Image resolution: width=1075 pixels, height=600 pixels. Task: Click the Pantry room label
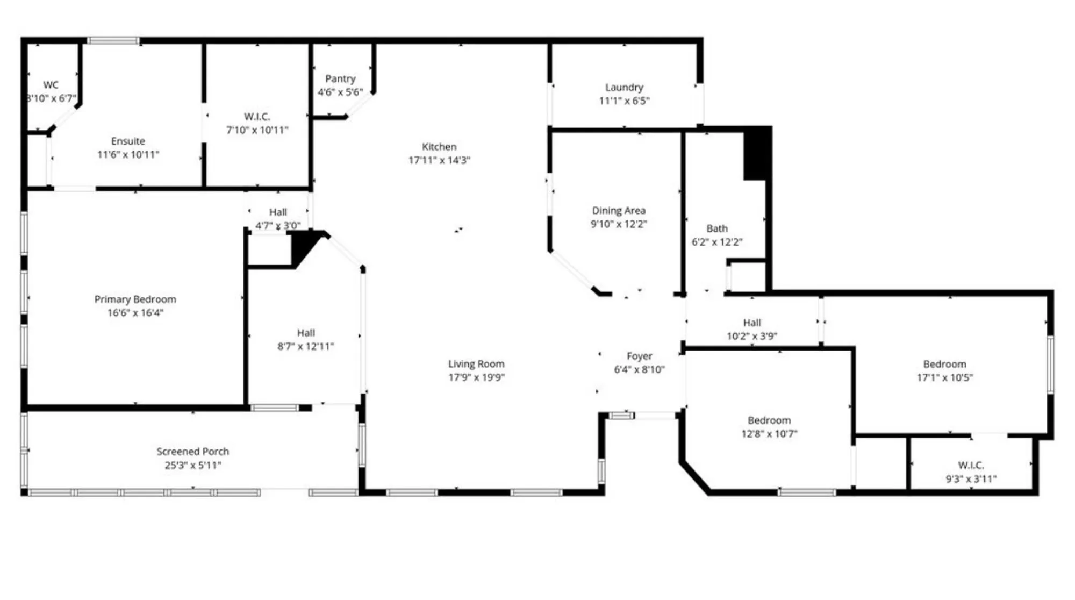pyautogui.click(x=340, y=79)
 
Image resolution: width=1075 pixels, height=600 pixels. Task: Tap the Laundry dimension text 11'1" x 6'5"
pyautogui.click(x=624, y=101)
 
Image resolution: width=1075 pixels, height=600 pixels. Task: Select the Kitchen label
pyautogui.click(x=439, y=147)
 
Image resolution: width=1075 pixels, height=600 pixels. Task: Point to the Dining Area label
pyautogui.click(x=619, y=211)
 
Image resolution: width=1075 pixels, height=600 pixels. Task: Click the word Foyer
pyautogui.click(x=639, y=356)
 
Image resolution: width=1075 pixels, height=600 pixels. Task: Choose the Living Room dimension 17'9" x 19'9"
pyautogui.click(x=476, y=377)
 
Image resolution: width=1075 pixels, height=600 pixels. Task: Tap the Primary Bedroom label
pyautogui.click(x=135, y=299)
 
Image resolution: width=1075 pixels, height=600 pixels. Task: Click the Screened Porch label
pyautogui.click(x=192, y=452)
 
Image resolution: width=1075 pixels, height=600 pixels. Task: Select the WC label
pyautogui.click(x=51, y=85)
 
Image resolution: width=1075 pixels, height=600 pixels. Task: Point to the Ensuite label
pyautogui.click(x=128, y=141)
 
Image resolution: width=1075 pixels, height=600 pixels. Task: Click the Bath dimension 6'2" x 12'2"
pyautogui.click(x=716, y=242)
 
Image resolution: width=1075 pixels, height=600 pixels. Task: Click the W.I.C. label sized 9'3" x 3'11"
pyautogui.click(x=971, y=466)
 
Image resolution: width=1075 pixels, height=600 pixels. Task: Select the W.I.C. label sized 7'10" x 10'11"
pyautogui.click(x=257, y=117)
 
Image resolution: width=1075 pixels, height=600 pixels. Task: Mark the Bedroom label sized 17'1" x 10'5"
pyautogui.click(x=944, y=365)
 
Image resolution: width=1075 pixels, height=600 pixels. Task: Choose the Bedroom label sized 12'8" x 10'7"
pyautogui.click(x=769, y=420)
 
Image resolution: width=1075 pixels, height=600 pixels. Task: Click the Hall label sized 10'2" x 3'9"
pyautogui.click(x=751, y=323)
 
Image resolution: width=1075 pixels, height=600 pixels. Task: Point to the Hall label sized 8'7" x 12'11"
pyautogui.click(x=306, y=333)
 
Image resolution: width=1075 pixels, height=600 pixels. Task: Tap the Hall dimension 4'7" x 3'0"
pyautogui.click(x=277, y=226)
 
